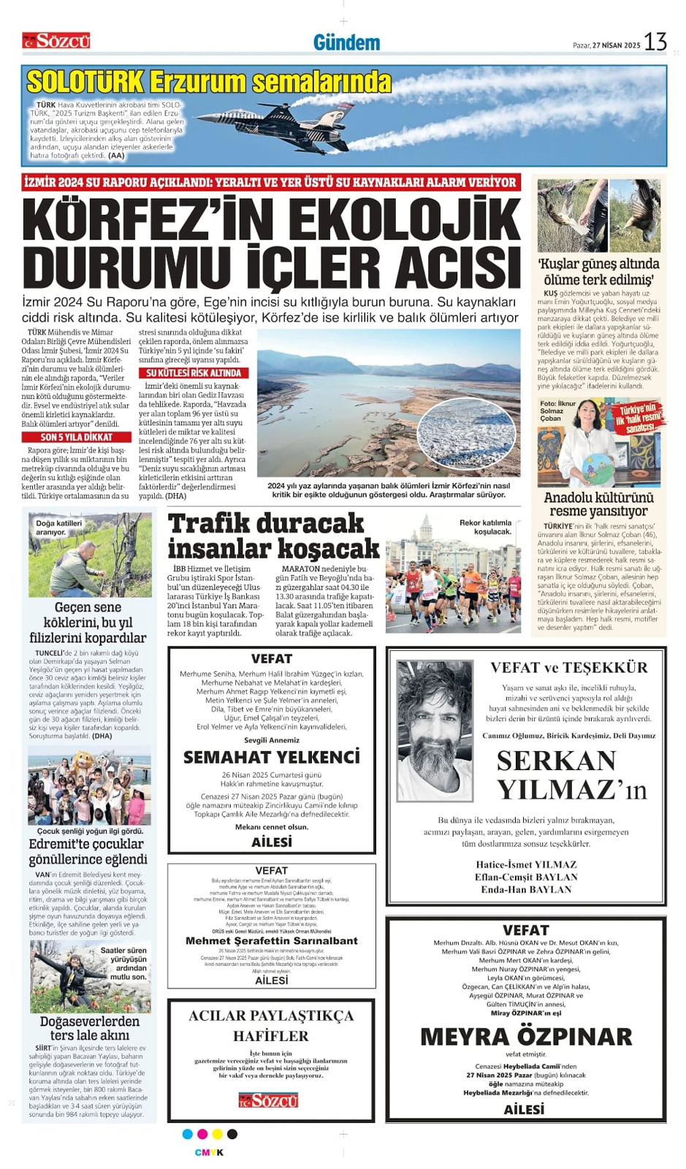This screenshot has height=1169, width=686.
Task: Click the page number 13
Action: (655, 42)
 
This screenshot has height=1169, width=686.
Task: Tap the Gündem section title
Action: (346, 43)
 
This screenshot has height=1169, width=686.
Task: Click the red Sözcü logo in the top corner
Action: (56, 41)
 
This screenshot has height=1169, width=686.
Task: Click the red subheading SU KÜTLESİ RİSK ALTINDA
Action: (194, 373)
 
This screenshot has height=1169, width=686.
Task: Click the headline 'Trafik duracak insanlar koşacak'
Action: (273, 536)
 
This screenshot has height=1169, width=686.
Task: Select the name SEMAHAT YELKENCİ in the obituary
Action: (272, 757)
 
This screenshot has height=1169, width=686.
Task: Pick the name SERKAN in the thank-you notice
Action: (556, 761)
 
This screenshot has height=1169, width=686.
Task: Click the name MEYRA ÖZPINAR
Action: (526, 1037)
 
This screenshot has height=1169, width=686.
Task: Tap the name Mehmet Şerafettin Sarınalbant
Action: (272, 941)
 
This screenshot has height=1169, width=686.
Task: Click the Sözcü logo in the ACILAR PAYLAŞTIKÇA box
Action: (268, 1100)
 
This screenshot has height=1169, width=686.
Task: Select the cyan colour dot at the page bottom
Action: (188, 1134)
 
